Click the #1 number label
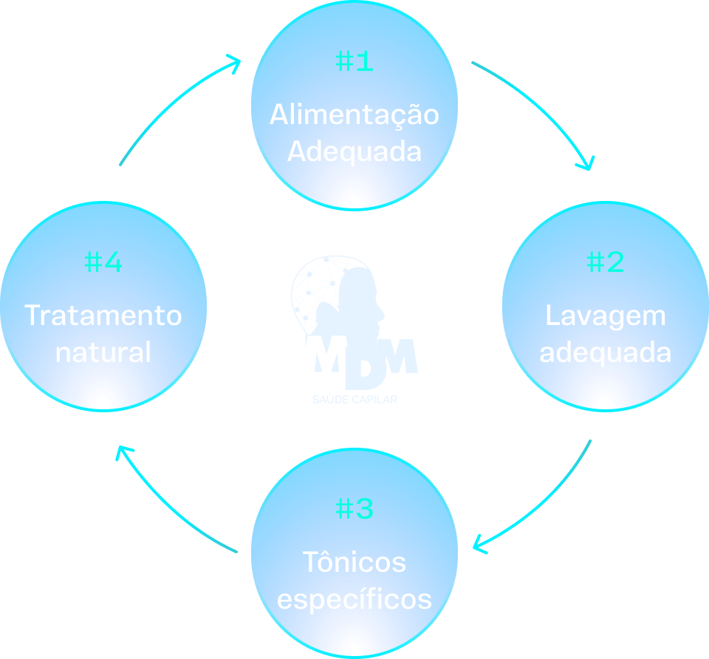pyautogui.click(x=354, y=62)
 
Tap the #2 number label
pyautogui.click(x=606, y=262)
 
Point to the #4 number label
pyautogui.click(x=103, y=262)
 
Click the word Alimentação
pyautogui.click(x=354, y=115)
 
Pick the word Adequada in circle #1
pyautogui.click(x=354, y=151)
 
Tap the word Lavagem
pyautogui.click(x=606, y=316)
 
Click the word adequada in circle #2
pyautogui.click(x=606, y=352)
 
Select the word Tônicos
pyautogui.click(x=354, y=562)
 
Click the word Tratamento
pyautogui.click(x=103, y=315)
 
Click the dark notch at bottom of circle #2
pyautogui.click(x=605, y=403)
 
